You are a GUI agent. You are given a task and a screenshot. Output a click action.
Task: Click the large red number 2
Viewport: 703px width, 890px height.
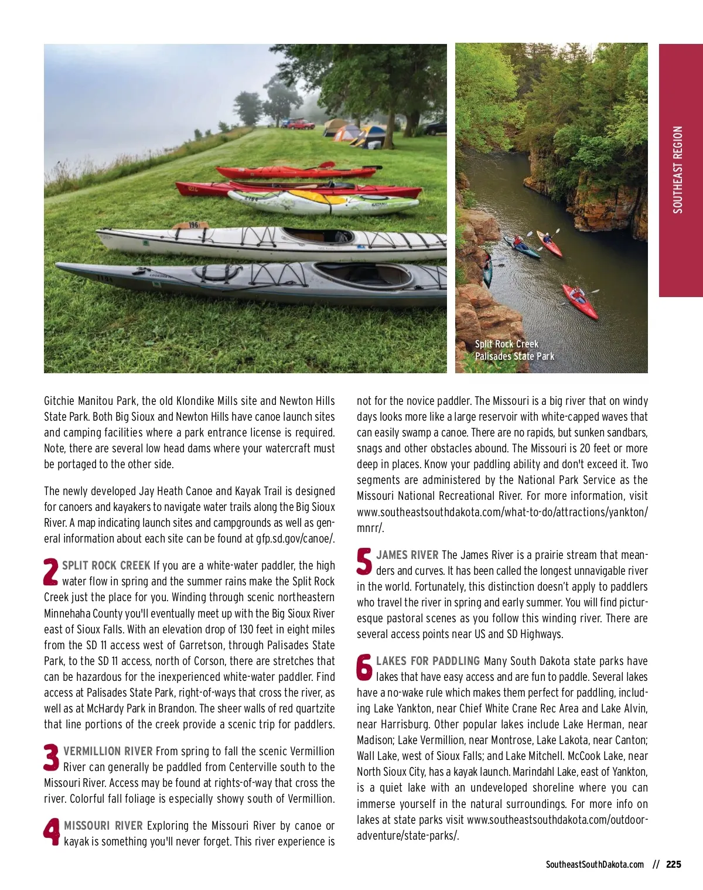[x=52, y=572]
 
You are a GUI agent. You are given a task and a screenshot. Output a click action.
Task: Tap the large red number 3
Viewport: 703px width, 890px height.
[x=52, y=758]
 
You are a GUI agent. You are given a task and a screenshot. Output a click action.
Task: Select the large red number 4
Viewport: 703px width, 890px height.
[x=52, y=832]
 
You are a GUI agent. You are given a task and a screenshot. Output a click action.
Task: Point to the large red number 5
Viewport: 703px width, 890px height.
[x=364, y=561]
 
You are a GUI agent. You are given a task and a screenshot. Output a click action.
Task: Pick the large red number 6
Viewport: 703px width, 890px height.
[x=364, y=667]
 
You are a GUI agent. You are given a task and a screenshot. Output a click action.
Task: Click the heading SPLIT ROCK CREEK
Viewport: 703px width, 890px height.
[x=106, y=565]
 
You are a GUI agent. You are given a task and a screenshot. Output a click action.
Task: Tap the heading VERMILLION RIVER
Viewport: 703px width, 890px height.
[x=108, y=751]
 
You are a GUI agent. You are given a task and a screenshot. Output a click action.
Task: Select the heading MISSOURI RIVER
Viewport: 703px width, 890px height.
[x=103, y=826]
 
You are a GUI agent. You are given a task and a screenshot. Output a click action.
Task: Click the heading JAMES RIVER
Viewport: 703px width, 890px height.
[x=407, y=555]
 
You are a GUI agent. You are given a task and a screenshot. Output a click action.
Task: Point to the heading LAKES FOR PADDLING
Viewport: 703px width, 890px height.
[x=428, y=661]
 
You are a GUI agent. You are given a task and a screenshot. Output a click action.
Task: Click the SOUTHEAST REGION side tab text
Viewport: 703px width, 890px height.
[x=678, y=170]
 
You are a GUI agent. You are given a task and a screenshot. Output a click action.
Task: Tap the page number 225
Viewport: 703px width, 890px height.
[x=674, y=864]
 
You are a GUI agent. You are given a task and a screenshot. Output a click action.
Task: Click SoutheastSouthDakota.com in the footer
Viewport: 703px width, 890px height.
[x=595, y=864]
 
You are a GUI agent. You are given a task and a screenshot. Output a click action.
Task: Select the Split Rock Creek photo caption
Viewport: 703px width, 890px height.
[x=514, y=350]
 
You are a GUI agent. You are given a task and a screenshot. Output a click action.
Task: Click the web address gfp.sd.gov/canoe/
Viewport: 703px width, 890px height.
[x=295, y=538]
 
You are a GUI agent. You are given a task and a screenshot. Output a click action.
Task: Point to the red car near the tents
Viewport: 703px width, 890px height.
[x=300, y=124]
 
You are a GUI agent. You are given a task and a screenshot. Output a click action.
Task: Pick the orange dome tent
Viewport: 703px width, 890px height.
[x=346, y=133]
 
